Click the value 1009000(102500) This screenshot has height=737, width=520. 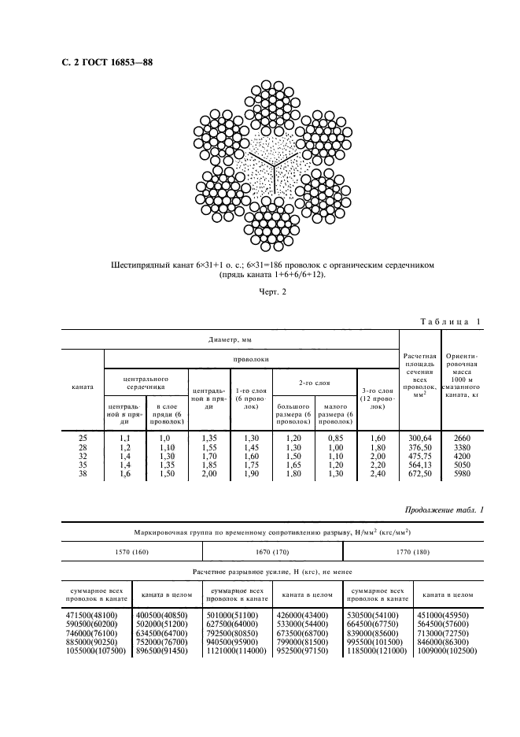click(448, 653)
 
